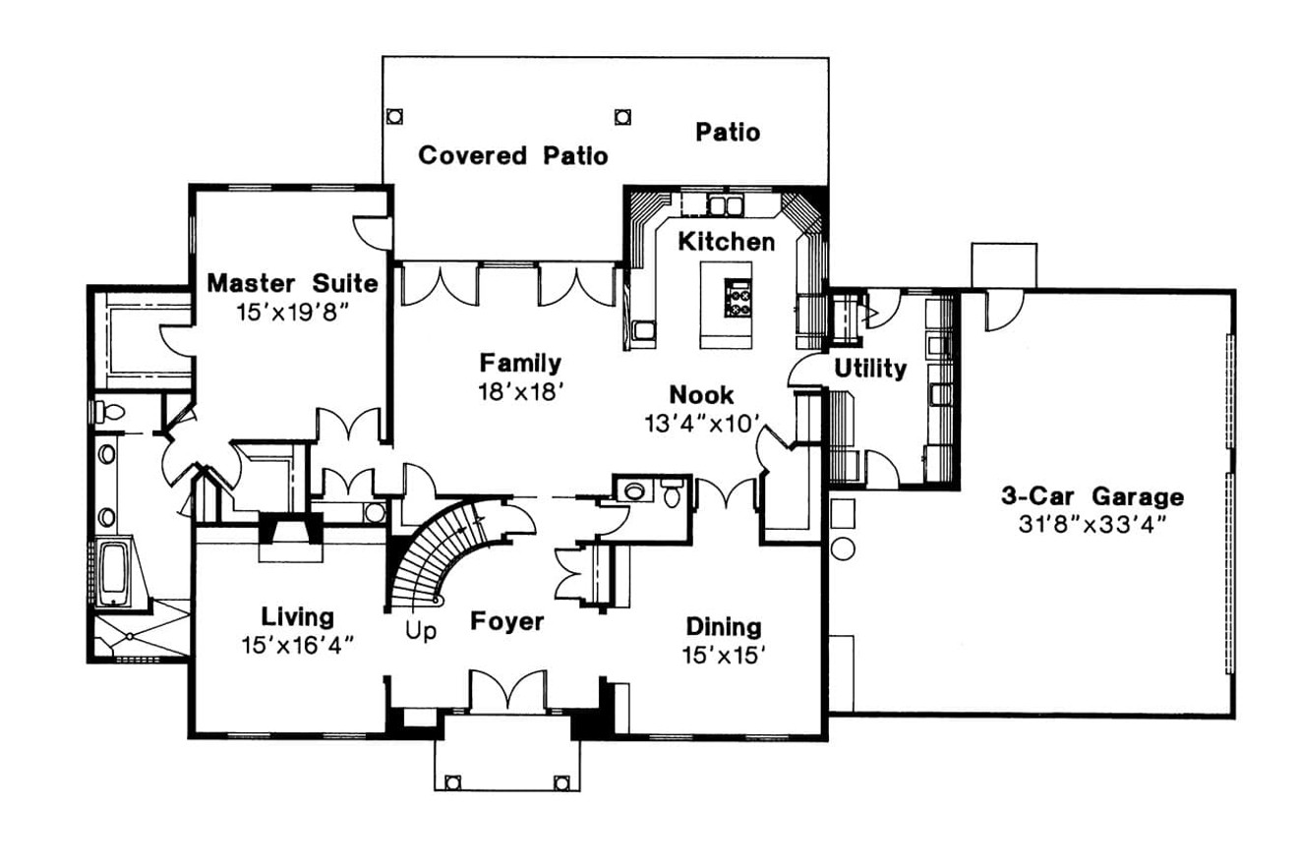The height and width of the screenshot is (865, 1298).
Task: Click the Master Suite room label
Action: [292, 284]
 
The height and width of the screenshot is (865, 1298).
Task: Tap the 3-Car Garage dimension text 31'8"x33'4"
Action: [1091, 524]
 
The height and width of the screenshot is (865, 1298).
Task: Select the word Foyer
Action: [506, 622]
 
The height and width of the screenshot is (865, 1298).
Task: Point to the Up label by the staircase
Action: [421, 631]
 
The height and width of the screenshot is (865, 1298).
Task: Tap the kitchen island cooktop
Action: [737, 298]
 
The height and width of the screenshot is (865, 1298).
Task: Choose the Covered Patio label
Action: [512, 155]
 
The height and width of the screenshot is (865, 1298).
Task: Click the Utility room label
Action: [869, 369]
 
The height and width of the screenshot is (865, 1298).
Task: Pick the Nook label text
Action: [701, 395]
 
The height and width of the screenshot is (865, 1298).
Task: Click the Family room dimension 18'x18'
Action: [520, 390]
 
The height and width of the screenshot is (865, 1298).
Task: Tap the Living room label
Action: [297, 617]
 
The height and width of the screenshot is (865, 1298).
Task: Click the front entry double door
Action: [507, 691]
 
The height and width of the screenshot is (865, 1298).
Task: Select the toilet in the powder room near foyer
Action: [673, 493]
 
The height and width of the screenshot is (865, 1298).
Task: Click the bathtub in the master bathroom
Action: [113, 571]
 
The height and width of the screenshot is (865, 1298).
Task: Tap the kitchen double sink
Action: [725, 205]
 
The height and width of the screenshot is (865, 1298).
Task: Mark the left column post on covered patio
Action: [393, 116]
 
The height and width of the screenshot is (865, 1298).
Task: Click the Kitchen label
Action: [726, 242]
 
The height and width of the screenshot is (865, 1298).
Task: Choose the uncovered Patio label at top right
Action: [728, 132]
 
